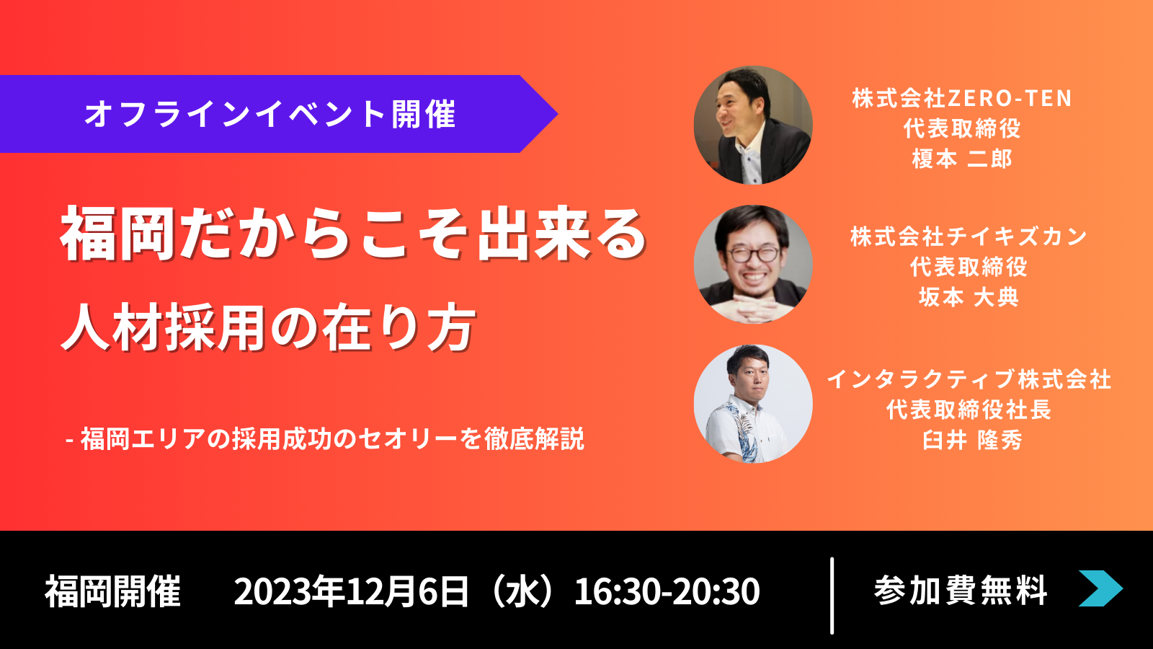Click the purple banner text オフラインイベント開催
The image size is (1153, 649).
[x=270, y=114]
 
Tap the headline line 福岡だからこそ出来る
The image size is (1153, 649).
[x=353, y=234]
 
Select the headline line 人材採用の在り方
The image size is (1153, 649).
[x=267, y=328]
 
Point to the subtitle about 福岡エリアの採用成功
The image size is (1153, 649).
[x=326, y=439]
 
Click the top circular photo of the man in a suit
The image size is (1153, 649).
[x=753, y=125]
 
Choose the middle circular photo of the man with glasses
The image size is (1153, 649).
[x=753, y=264]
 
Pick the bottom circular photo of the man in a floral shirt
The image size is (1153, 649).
[x=753, y=404]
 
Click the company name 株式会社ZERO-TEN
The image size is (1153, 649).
[x=962, y=98]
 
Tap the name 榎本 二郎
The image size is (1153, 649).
[x=962, y=159]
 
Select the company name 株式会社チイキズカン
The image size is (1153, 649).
[x=969, y=237]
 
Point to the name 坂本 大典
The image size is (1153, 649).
[x=969, y=297]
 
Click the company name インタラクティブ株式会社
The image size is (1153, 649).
[x=969, y=379]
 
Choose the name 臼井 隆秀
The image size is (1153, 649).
[x=972, y=441]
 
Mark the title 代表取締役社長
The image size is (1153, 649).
[x=969, y=410]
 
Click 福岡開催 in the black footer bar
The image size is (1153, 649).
[x=112, y=591]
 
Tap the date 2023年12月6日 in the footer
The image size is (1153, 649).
[x=352, y=591]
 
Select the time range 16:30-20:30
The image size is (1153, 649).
[x=667, y=591]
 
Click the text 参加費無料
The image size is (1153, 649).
[x=961, y=591]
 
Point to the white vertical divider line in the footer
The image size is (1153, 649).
[x=832, y=596]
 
